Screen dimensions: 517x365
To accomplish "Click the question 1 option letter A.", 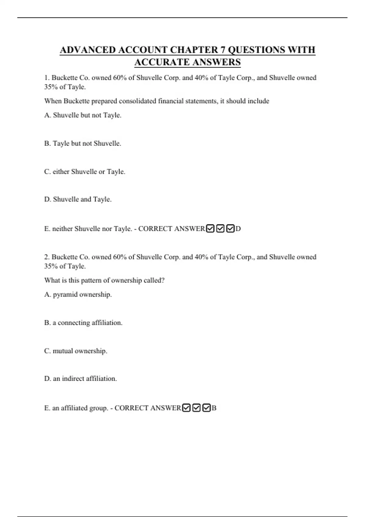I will click(x=47, y=115).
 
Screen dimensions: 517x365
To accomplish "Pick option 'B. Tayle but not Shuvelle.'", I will click(x=83, y=144).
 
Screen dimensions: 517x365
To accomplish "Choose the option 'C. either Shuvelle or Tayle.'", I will click(x=85, y=172).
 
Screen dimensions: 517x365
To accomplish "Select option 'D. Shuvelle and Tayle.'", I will click(x=78, y=200).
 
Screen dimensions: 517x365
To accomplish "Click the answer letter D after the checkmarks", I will click(x=238, y=229).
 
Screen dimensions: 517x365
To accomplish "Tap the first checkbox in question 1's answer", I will click(x=210, y=228).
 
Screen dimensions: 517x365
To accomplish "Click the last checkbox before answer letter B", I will click(x=207, y=408).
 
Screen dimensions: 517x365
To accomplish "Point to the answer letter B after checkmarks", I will click(x=214, y=408).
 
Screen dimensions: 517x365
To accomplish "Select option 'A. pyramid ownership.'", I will click(x=78, y=295).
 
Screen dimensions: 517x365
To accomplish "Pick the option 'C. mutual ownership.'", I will click(x=76, y=351).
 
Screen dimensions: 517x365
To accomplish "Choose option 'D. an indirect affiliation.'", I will click(x=81, y=379).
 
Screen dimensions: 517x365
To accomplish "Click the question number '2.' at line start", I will click(x=47, y=257).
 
